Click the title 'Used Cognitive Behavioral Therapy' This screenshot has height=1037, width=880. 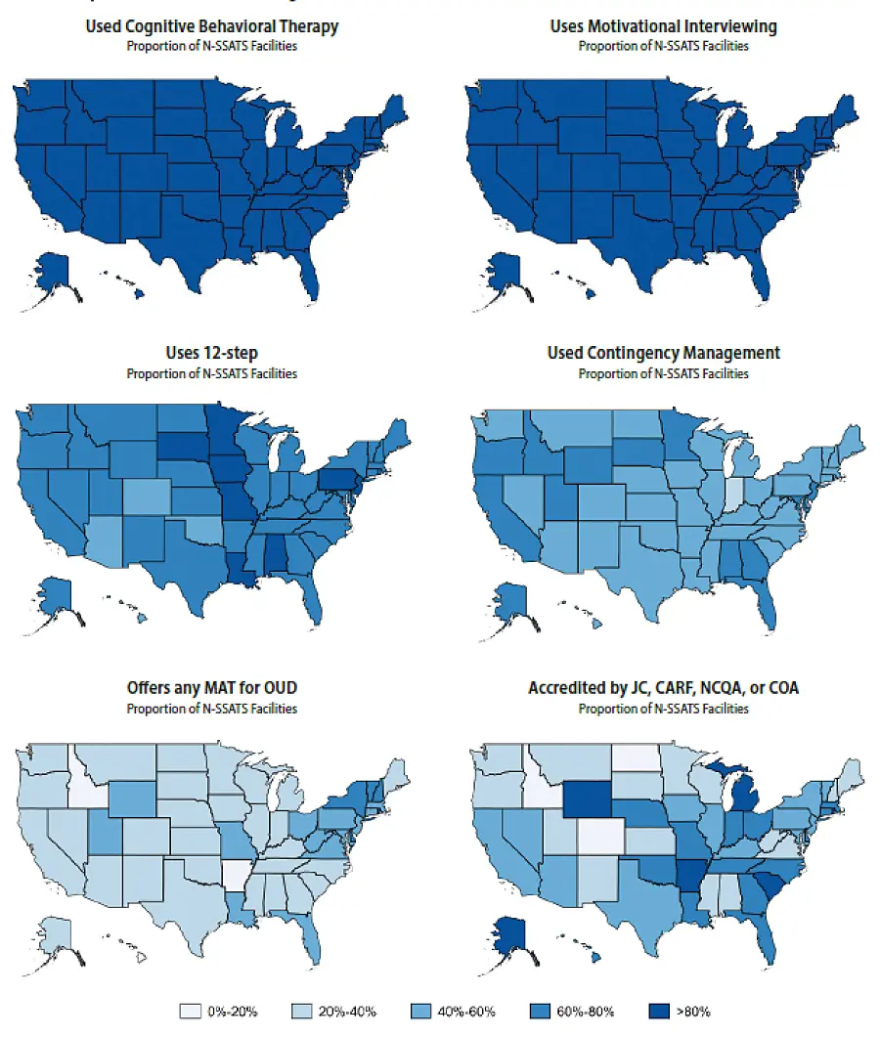coord(211,26)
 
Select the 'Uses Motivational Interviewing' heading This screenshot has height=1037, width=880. coord(663,26)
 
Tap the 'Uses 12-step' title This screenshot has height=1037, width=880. coord(211,353)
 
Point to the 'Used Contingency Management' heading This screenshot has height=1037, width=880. coord(663,353)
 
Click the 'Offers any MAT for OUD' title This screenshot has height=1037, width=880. coord(211,688)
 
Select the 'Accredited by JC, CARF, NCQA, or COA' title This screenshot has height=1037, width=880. coord(663,688)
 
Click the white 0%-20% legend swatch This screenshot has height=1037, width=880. coord(195,1011)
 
